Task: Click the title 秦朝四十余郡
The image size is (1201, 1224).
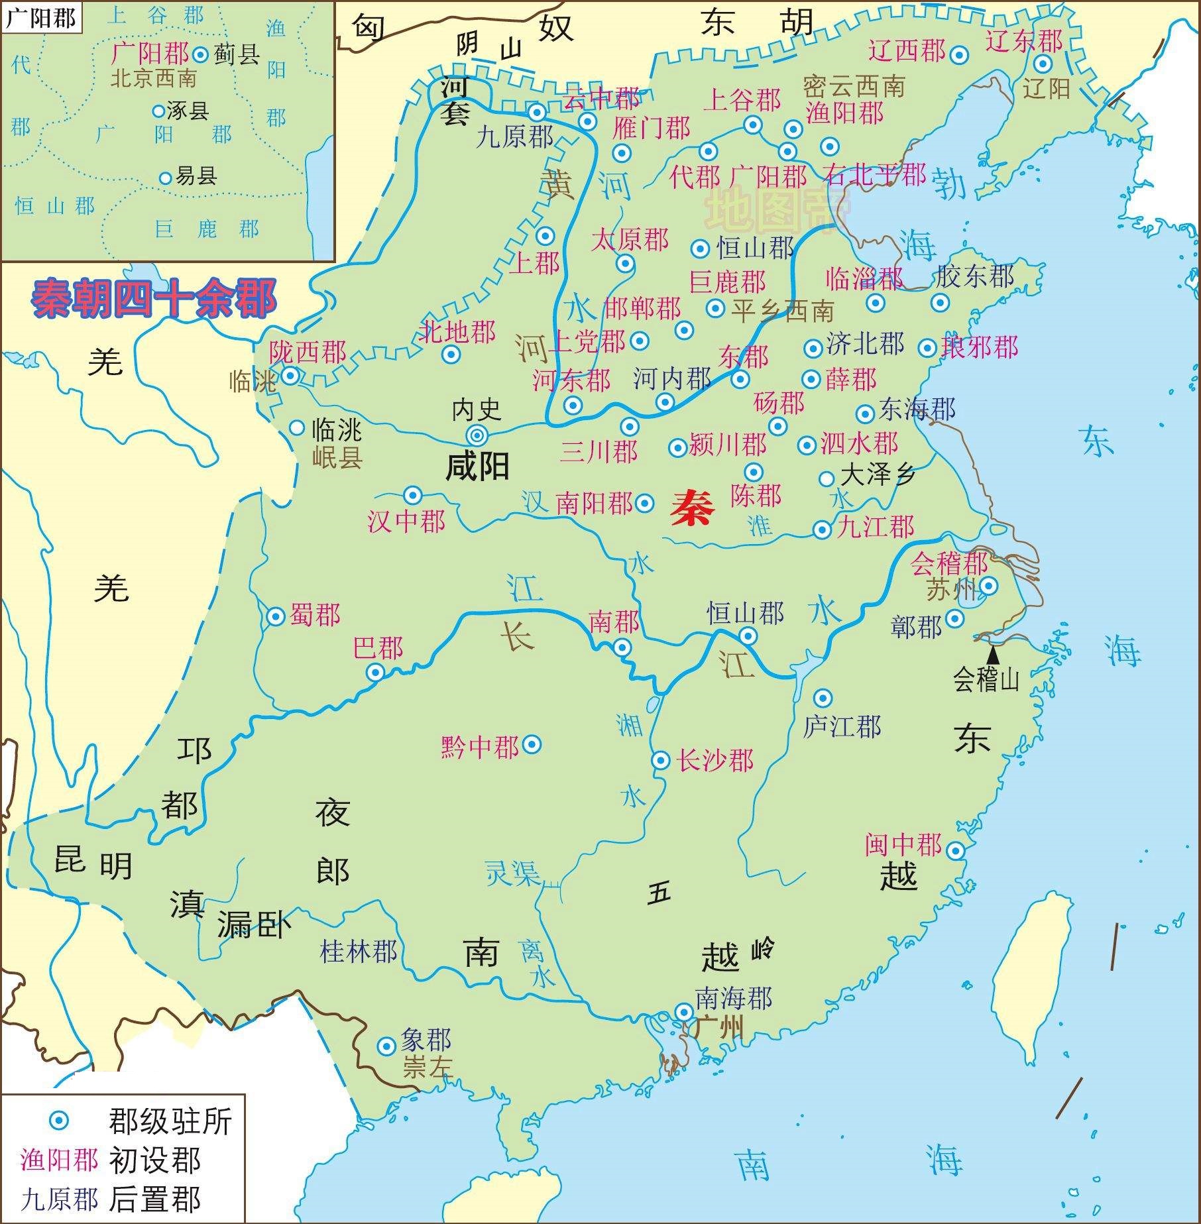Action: pos(153,299)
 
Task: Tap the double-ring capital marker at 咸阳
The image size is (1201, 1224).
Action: pos(477,435)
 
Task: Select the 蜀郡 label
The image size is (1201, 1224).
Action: pos(315,616)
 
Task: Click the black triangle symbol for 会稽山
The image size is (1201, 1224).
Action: pos(993,655)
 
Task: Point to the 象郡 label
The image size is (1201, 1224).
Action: pos(426,1040)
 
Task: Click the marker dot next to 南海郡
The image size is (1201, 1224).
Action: pos(683,1012)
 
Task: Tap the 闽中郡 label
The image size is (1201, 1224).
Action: pos(903,844)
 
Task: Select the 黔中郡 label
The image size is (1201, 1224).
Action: pos(480,748)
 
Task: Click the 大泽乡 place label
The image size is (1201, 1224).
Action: pos(878,475)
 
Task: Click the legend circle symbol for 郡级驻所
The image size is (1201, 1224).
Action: pos(59,1121)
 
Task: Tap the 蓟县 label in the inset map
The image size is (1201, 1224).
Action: pos(237,54)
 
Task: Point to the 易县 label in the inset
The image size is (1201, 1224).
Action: pos(196,176)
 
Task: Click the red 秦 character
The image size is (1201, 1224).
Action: pos(692,510)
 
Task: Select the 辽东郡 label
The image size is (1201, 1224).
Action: pos(1024,41)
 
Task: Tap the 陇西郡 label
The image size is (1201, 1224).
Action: pos(308,352)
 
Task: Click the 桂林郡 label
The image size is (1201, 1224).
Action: pos(359,952)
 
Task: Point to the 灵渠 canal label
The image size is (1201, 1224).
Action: pos(512,873)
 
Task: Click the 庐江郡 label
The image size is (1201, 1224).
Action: pos(842,727)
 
